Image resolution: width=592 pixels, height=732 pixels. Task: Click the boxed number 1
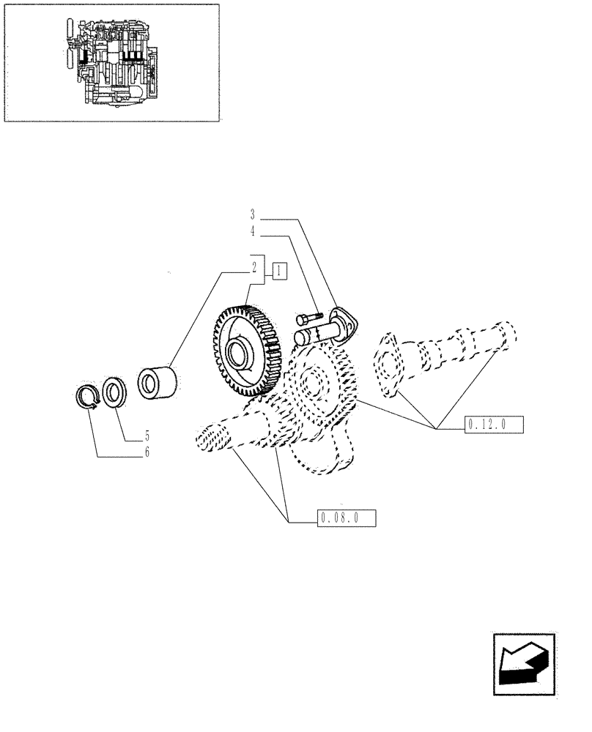279,271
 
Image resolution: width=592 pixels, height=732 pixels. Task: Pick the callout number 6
147,453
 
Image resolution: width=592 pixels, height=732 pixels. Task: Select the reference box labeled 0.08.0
347,519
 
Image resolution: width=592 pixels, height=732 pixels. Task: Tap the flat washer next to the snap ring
115,392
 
